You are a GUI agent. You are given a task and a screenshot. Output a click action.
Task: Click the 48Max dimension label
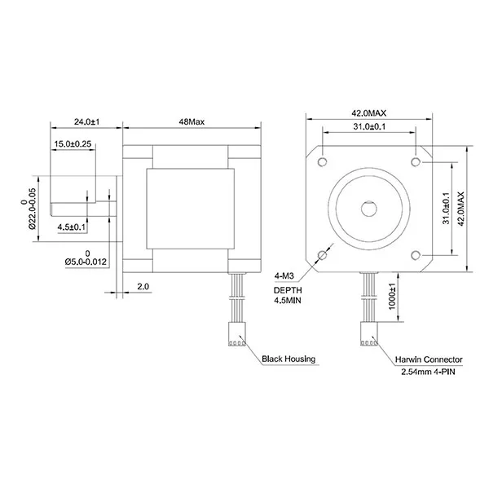tap(192, 121)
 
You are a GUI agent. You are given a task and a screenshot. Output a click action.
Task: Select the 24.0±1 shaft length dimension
tap(86, 121)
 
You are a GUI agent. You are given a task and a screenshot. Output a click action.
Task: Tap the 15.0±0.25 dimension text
tap(73, 143)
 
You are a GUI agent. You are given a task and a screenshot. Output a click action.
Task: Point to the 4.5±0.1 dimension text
tap(71, 227)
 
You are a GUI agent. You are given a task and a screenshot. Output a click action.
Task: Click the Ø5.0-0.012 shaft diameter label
tap(86, 262)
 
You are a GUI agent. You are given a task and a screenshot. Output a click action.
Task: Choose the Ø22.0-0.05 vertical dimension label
tap(33, 209)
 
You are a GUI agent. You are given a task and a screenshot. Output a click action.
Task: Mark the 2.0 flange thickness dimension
tap(143, 286)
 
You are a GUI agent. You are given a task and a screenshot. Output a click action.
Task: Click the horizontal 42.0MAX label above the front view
tap(369, 113)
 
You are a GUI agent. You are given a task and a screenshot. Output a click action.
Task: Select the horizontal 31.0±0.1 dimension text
tap(369, 126)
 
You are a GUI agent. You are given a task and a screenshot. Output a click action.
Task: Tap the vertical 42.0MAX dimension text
tap(461, 209)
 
